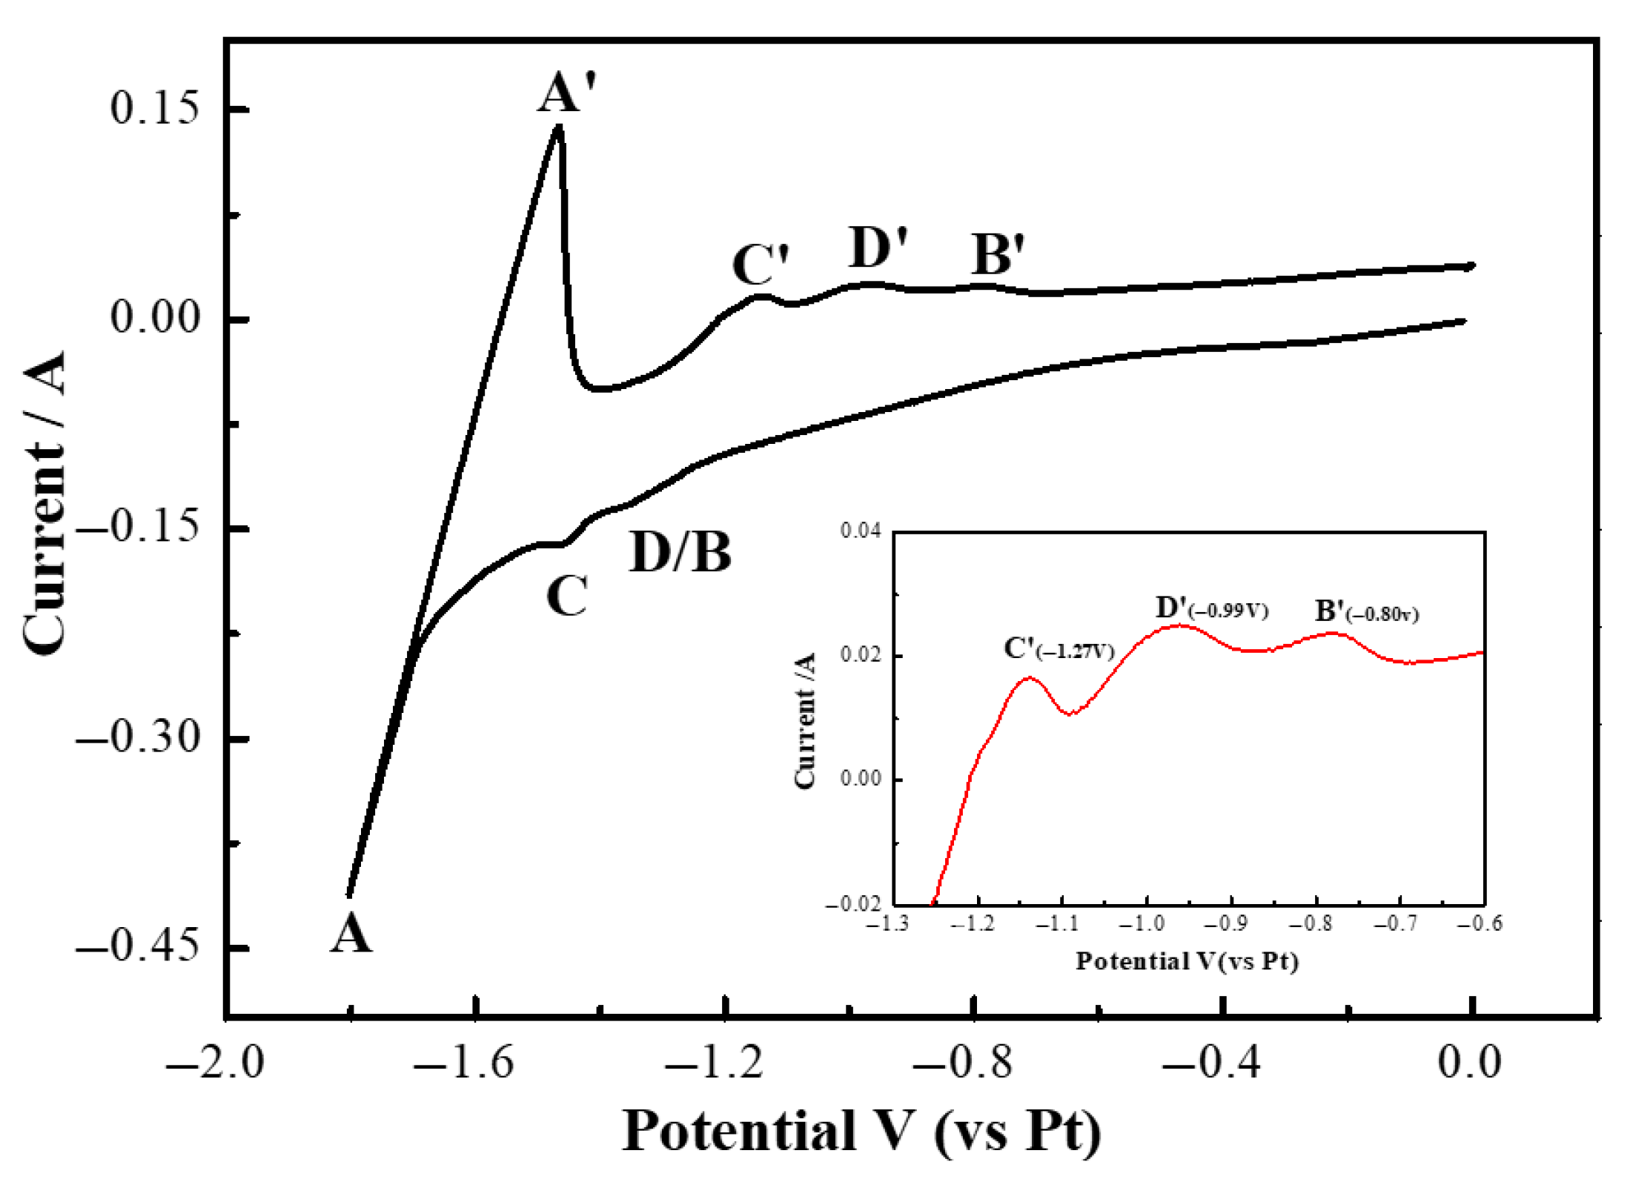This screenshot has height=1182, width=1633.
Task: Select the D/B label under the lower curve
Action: point(680,552)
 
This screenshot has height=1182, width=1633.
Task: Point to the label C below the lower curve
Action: point(567,596)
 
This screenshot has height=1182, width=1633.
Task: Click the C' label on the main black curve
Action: point(761,265)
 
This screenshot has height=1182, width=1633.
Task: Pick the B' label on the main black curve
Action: point(998,254)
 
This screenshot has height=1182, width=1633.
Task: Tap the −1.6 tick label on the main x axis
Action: point(464,1063)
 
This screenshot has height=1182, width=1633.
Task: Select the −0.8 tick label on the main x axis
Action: point(962,1063)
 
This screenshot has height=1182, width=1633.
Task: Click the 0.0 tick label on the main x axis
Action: point(1469,1063)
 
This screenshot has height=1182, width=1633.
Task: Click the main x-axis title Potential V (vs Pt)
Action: point(861,1132)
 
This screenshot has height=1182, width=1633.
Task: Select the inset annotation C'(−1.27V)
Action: point(1059,649)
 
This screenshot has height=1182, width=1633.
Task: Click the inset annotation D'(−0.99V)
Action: point(1212,608)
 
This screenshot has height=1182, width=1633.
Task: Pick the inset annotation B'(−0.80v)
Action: point(1366,612)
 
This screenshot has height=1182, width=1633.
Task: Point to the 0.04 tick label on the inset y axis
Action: point(860,531)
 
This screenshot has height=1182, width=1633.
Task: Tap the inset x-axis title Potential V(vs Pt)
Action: point(1187,961)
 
